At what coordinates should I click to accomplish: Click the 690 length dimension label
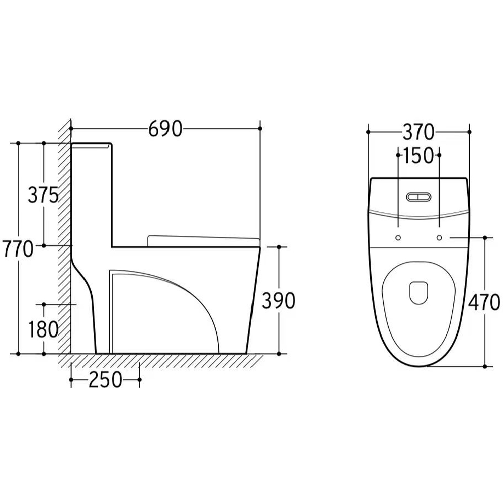click(x=165, y=129)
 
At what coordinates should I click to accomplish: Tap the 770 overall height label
click(x=17, y=249)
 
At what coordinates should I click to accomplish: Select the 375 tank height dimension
click(x=43, y=195)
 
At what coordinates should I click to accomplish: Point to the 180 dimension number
click(x=43, y=329)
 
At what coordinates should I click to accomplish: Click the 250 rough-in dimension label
click(x=105, y=380)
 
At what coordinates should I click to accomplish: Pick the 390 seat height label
click(x=279, y=301)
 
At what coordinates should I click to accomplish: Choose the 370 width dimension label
click(x=418, y=132)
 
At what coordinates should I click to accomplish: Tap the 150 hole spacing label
click(x=418, y=155)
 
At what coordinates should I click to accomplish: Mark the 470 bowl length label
click(x=484, y=302)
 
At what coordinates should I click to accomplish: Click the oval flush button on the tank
click(x=418, y=197)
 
